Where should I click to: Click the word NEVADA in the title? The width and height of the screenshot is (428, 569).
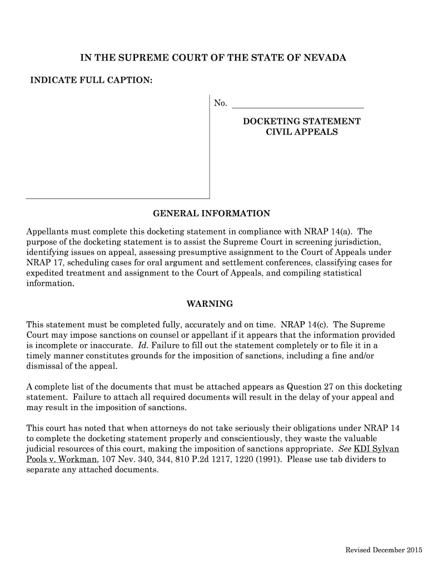pyautogui.click(x=325, y=58)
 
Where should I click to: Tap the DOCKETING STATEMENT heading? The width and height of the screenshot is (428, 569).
pyautogui.click(x=302, y=121)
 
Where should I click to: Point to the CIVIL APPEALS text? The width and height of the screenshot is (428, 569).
pyautogui.click(x=302, y=132)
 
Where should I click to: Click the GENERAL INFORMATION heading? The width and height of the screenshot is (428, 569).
pyautogui.click(x=211, y=213)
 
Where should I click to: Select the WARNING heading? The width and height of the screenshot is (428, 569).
pyautogui.click(x=209, y=304)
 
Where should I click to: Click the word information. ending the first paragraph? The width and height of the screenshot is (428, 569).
pyautogui.click(x=50, y=283)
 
